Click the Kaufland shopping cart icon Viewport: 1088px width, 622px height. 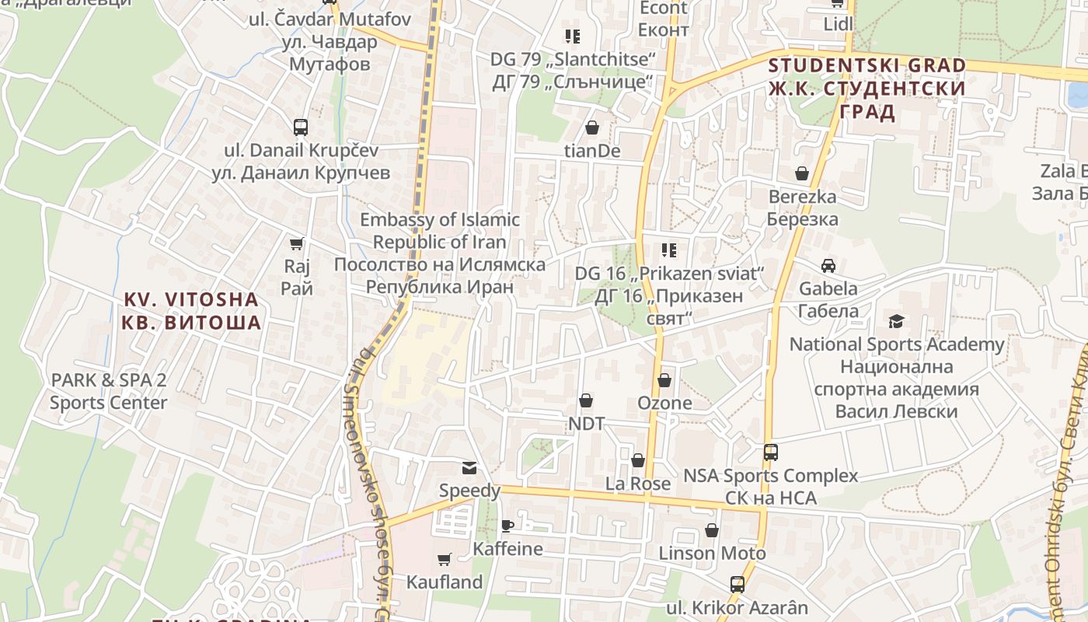click(445, 559)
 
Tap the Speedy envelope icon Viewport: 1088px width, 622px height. click(469, 467)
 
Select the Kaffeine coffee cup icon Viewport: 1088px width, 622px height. click(507, 526)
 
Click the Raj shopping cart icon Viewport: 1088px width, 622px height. click(296, 244)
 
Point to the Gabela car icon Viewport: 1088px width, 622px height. click(828, 265)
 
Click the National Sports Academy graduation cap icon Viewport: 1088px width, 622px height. click(897, 321)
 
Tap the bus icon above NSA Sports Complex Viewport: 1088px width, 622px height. click(770, 452)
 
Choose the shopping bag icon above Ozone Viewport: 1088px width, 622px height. click(664, 380)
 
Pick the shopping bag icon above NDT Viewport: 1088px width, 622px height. click(586, 400)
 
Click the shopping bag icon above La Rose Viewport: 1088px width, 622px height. click(638, 460)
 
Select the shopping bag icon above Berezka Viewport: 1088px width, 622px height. click(802, 173)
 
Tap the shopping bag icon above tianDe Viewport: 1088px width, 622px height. click(592, 128)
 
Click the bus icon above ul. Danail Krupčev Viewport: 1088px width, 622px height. click(301, 127)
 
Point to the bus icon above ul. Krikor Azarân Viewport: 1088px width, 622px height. click(737, 584)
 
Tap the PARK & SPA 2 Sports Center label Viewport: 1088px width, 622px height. click(108, 391)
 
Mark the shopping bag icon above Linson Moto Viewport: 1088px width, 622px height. click(712, 530)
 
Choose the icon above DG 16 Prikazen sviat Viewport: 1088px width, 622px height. click(669, 250)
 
